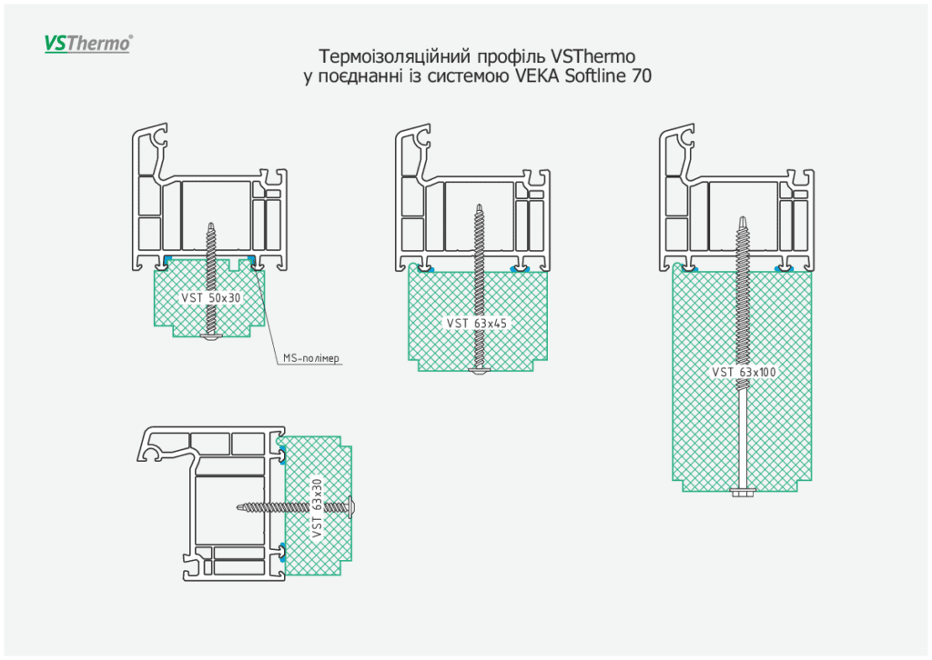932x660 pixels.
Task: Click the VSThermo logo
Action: point(88,43)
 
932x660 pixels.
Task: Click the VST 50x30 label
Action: point(212,297)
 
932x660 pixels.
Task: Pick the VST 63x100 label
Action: point(745,372)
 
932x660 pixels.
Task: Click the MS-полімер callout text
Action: point(312,358)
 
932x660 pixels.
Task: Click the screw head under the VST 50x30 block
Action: point(211,337)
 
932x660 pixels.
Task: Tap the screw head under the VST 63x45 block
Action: point(480,371)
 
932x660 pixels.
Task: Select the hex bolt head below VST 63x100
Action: point(743,493)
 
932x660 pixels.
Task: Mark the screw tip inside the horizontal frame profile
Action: point(239,505)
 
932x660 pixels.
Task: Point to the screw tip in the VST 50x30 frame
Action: point(211,224)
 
